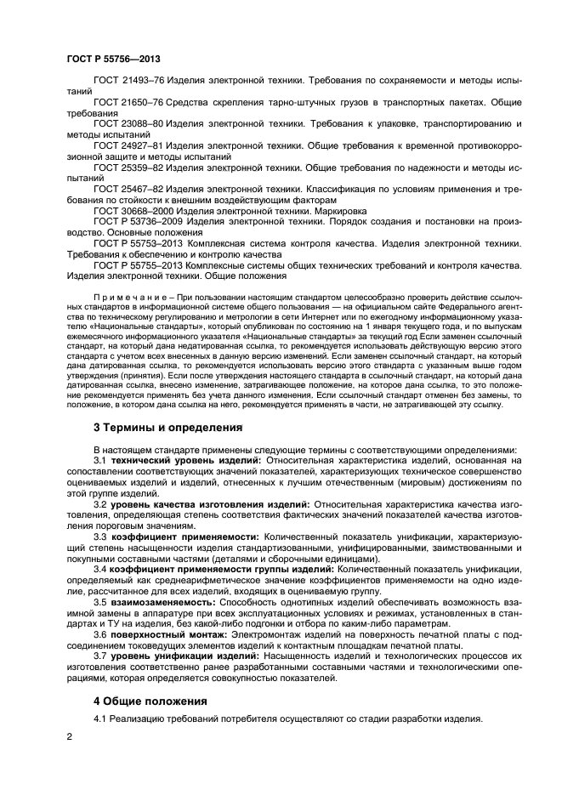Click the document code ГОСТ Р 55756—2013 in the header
click(x=112, y=59)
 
